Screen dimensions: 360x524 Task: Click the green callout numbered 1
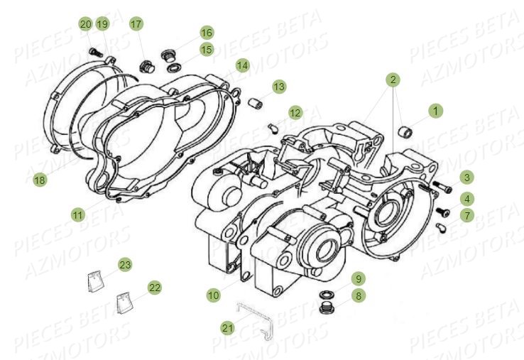tap(435, 111)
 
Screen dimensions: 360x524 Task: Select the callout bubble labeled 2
tap(392, 80)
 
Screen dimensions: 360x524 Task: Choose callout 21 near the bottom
tap(227, 327)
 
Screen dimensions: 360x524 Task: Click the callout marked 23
tap(125, 265)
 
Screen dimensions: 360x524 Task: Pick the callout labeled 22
tap(154, 287)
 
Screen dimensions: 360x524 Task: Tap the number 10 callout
tap(214, 294)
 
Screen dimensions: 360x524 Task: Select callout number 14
tap(243, 65)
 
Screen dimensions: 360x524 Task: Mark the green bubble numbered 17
tap(136, 24)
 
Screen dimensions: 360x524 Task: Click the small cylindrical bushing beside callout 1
tap(408, 133)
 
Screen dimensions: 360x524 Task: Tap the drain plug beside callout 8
tap(329, 309)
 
